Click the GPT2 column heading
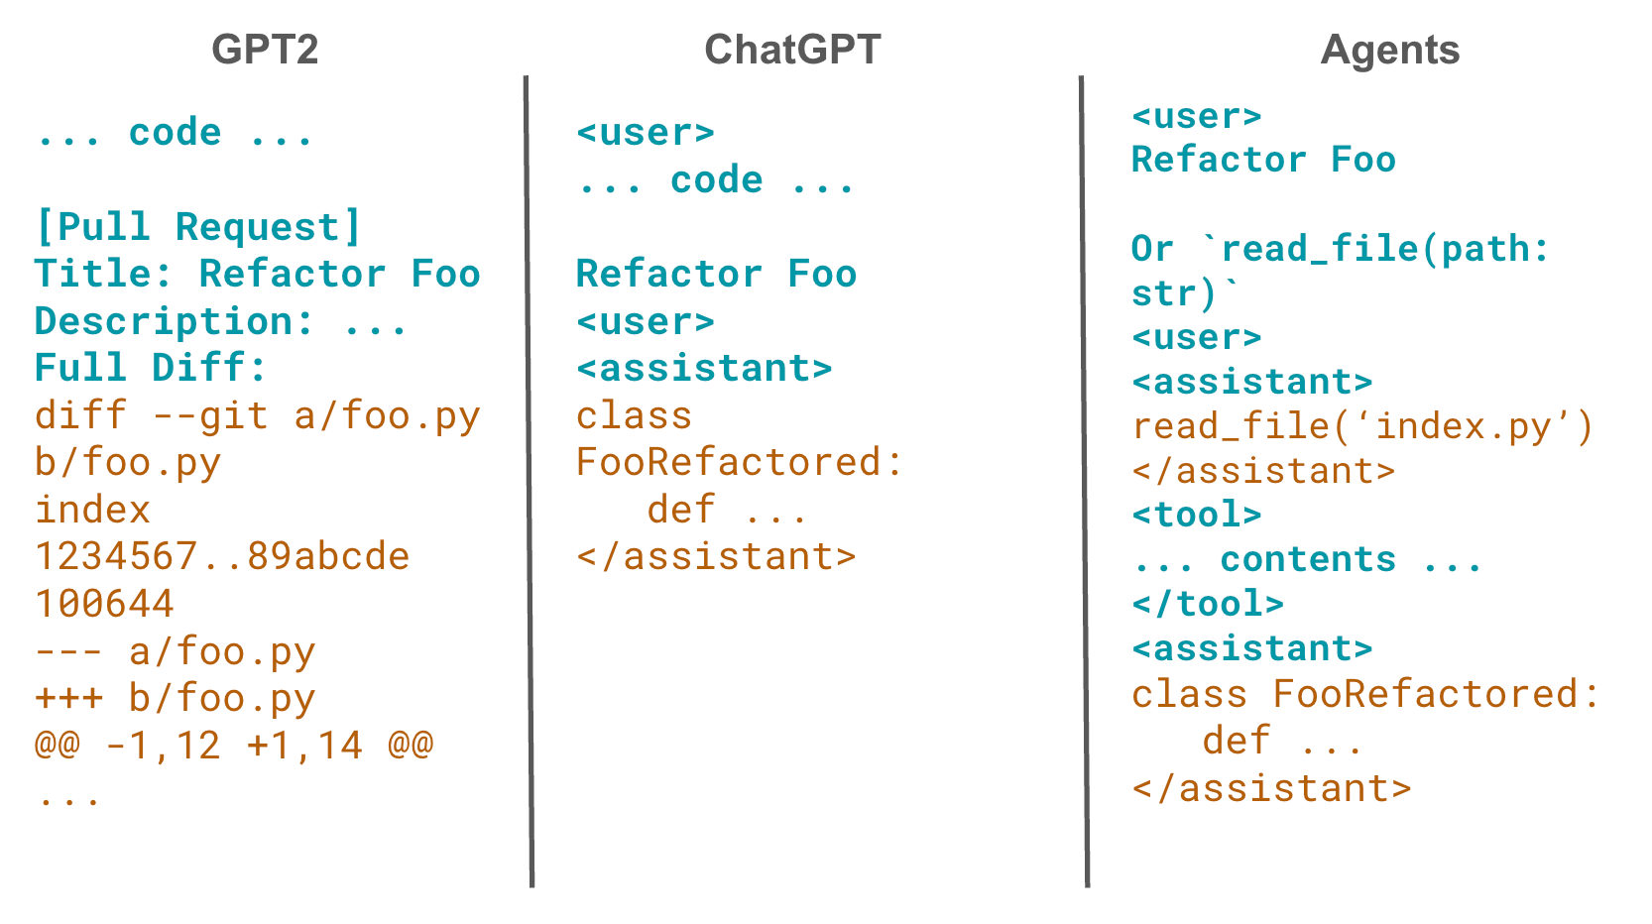coord(265,50)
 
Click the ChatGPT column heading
coord(791,50)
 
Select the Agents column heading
coord(1389,50)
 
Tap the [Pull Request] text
coord(197,227)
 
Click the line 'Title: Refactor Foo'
coord(257,274)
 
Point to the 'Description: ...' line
coord(220,321)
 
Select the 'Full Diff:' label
coord(151,368)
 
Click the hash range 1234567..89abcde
coord(222,556)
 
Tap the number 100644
coord(104,604)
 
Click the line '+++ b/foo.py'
coord(175,698)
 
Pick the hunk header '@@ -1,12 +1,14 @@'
coord(234,745)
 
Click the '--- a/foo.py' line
coord(175,651)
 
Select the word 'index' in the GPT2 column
coord(92,510)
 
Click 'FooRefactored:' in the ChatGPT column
coord(740,462)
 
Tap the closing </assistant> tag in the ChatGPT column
coord(716,556)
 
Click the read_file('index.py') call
coord(1362,426)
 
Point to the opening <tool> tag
coord(1196,515)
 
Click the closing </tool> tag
coord(1208,604)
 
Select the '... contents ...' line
coord(1307,559)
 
